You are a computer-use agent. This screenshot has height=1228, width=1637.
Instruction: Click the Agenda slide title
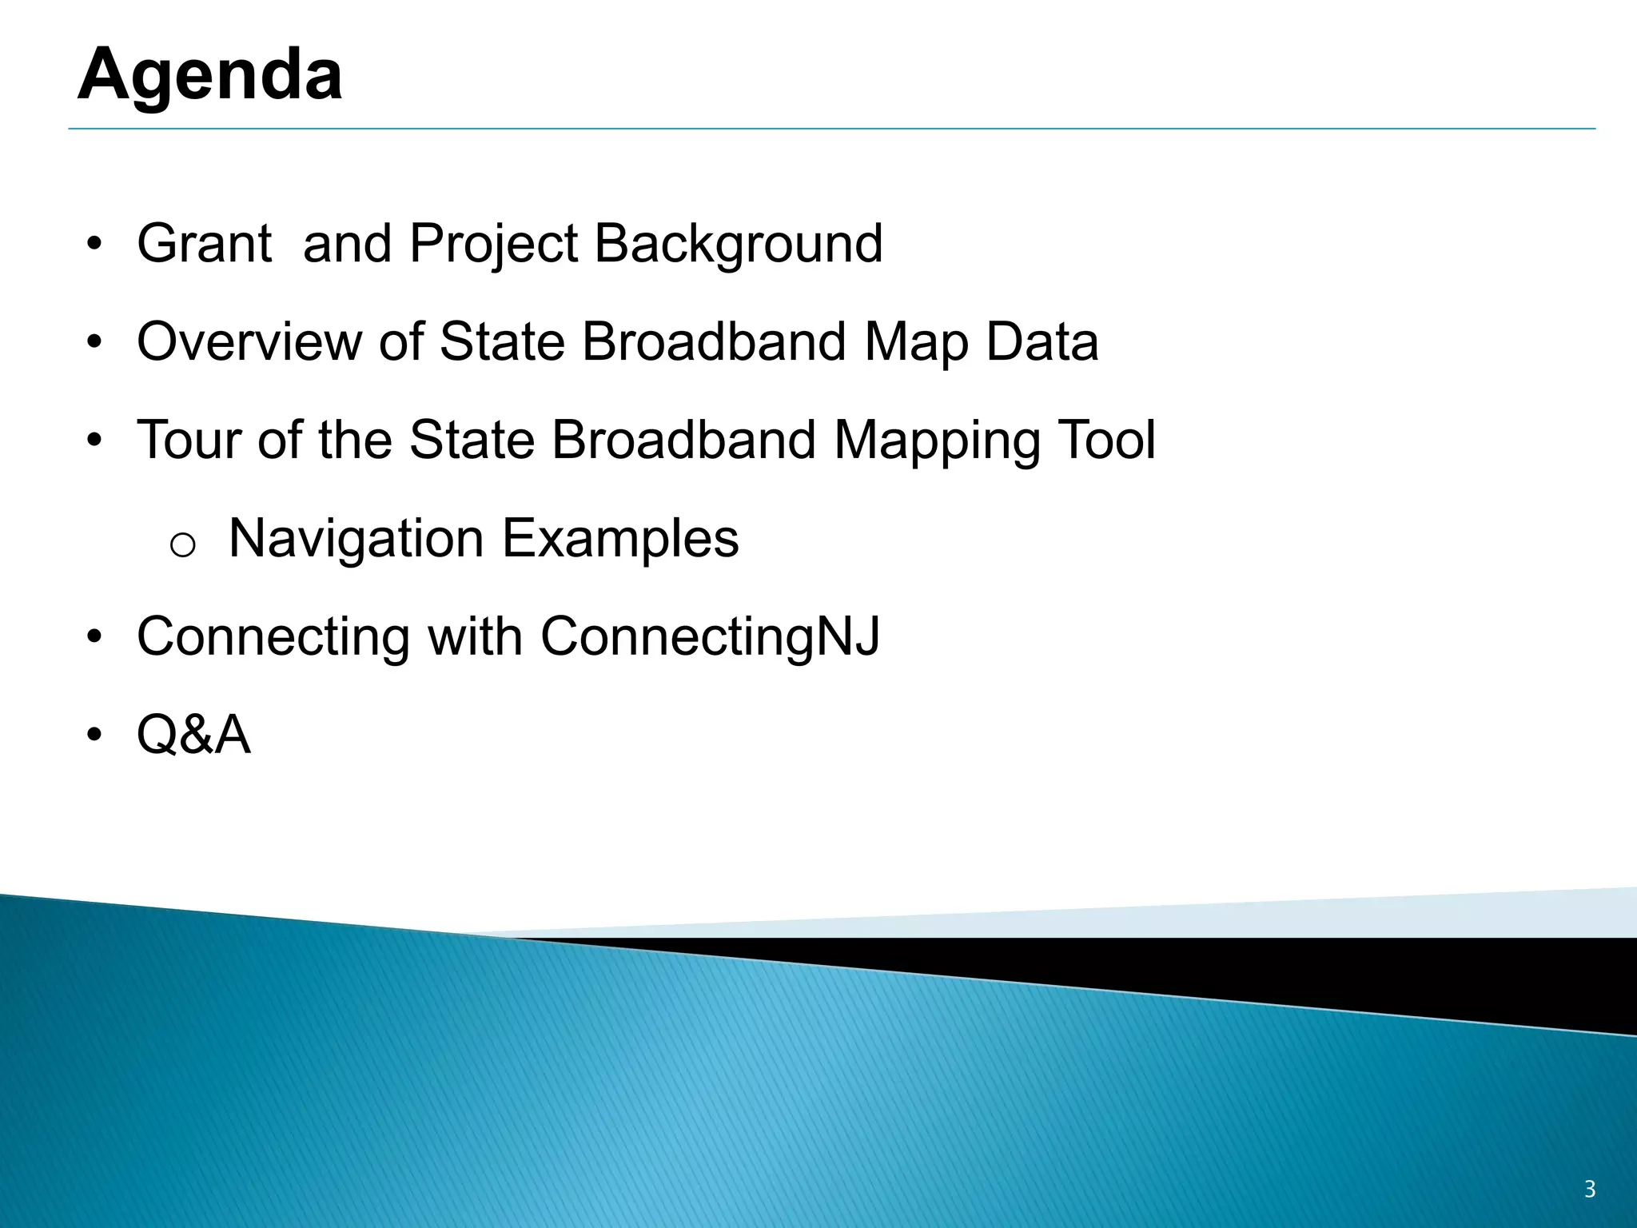click(x=210, y=74)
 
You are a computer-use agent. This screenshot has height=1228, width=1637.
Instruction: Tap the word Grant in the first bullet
click(x=205, y=243)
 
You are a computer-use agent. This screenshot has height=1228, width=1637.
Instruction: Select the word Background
click(x=739, y=243)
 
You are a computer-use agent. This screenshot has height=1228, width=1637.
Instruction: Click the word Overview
click(x=249, y=341)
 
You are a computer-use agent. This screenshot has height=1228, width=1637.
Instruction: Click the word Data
click(x=1042, y=341)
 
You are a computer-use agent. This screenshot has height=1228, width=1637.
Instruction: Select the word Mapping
click(x=936, y=441)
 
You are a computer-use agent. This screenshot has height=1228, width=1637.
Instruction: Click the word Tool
click(x=1106, y=440)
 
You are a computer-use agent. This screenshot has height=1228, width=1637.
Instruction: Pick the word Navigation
click(x=356, y=539)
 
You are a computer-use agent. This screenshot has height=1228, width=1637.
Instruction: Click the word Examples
click(x=620, y=539)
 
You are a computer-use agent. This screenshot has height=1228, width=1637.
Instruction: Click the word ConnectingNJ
click(x=710, y=637)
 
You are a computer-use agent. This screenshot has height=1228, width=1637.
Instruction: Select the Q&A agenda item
click(x=193, y=735)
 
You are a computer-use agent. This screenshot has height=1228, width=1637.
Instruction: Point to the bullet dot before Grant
click(x=95, y=244)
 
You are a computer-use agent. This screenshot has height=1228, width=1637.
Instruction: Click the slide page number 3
click(x=1590, y=1190)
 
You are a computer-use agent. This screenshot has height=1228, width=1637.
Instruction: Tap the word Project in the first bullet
click(x=492, y=243)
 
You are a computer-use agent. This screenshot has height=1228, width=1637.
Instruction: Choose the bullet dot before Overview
click(x=95, y=342)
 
